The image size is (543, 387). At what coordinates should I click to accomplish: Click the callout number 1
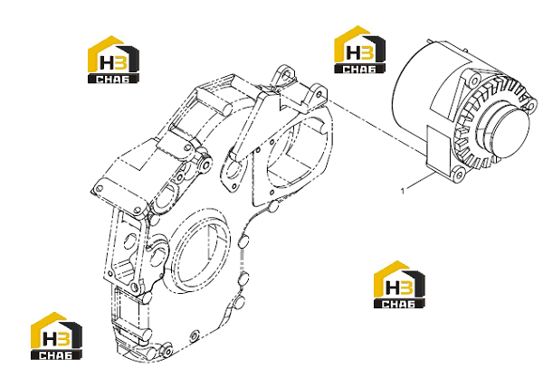[x=403, y=191]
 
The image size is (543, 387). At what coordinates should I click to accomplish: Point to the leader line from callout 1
[x=421, y=181]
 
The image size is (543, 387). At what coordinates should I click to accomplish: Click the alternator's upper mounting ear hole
[x=473, y=81]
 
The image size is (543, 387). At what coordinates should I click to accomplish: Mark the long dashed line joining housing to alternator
[x=376, y=126]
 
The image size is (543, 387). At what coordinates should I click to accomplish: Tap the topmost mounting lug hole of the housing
[x=286, y=73]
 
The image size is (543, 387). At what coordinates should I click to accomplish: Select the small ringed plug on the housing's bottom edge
[x=195, y=335]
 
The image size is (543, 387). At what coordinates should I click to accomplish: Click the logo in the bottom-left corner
[x=56, y=336]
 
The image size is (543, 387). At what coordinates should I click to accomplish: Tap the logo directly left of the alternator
[x=360, y=50]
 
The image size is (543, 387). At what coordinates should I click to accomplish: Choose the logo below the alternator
[x=399, y=285]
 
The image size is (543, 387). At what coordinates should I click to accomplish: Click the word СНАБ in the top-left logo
[x=113, y=80]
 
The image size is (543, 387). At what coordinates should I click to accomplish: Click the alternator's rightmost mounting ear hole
[x=531, y=105]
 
